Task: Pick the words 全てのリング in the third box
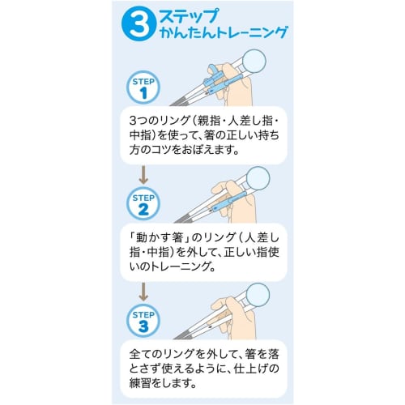point(166,354)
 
